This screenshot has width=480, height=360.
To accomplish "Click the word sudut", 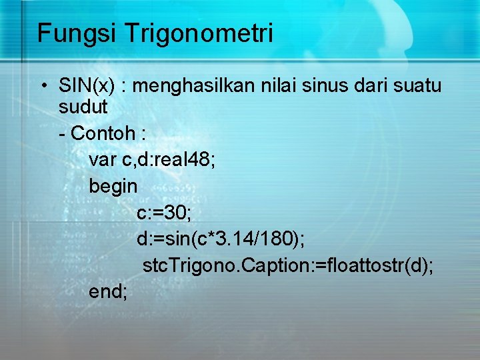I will pos(83,108).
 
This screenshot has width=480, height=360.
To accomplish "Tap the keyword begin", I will pos(113,186).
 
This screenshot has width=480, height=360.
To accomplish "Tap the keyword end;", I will pos(107,291).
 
